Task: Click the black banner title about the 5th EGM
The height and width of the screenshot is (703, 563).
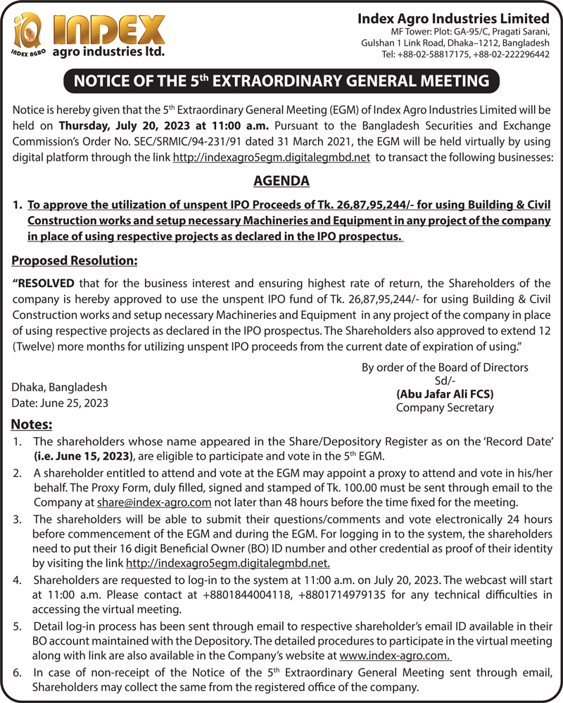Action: tap(281, 81)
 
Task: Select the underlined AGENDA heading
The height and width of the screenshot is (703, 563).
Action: tap(281, 182)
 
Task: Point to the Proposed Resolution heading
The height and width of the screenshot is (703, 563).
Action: tap(74, 260)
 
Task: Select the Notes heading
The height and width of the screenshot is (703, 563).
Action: tap(32, 424)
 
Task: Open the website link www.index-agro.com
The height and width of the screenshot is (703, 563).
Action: tap(395, 655)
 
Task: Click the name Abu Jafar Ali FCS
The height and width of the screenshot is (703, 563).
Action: tap(445, 394)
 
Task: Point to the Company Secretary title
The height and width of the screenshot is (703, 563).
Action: tap(445, 407)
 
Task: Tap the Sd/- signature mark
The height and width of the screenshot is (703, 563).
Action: tap(445, 381)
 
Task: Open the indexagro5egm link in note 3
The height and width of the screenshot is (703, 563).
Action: tap(228, 563)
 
